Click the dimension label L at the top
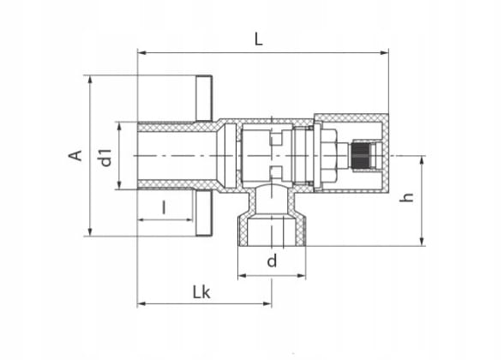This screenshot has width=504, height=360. pyautogui.click(x=259, y=39)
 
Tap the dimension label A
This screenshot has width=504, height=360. pyautogui.click(x=75, y=156)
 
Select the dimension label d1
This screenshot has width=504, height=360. pyautogui.click(x=106, y=157)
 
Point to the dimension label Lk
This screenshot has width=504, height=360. pyautogui.click(x=201, y=292)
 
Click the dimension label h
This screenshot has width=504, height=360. pyautogui.click(x=406, y=197)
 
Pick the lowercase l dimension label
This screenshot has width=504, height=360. pyautogui.click(x=165, y=207)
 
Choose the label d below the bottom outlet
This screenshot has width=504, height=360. pyautogui.click(x=272, y=261)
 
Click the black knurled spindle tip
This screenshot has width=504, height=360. pyautogui.click(x=361, y=156)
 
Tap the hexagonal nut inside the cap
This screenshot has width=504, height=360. pyautogui.click(x=329, y=156)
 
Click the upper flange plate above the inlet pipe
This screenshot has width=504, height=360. pyautogui.click(x=204, y=99)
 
